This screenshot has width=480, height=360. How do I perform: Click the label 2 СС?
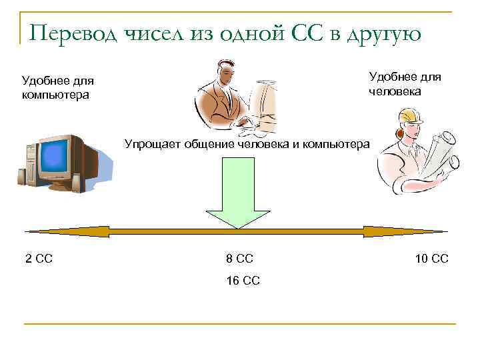pos(39,259)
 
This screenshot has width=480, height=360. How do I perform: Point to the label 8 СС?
pos(240,259)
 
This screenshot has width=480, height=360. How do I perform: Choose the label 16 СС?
pos(243,281)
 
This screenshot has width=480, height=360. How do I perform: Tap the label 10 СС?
pos(431,259)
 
